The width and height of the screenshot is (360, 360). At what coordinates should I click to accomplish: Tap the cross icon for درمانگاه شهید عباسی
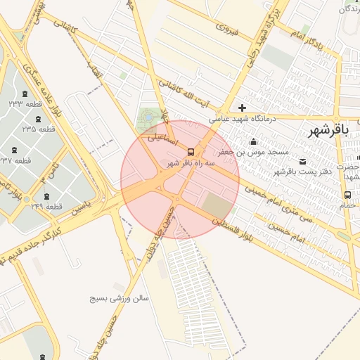click(x=243, y=108)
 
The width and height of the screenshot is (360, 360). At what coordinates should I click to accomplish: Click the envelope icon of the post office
click(x=303, y=161)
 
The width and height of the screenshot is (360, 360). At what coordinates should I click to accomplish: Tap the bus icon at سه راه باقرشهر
click(x=191, y=152)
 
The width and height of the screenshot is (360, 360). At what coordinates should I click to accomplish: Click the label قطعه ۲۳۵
click(x=39, y=129)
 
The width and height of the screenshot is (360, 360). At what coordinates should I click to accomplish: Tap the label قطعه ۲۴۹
click(x=47, y=206)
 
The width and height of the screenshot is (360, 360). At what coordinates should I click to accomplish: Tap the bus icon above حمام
click(x=347, y=195)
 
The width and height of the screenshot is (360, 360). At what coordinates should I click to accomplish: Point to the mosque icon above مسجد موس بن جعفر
click(x=252, y=142)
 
